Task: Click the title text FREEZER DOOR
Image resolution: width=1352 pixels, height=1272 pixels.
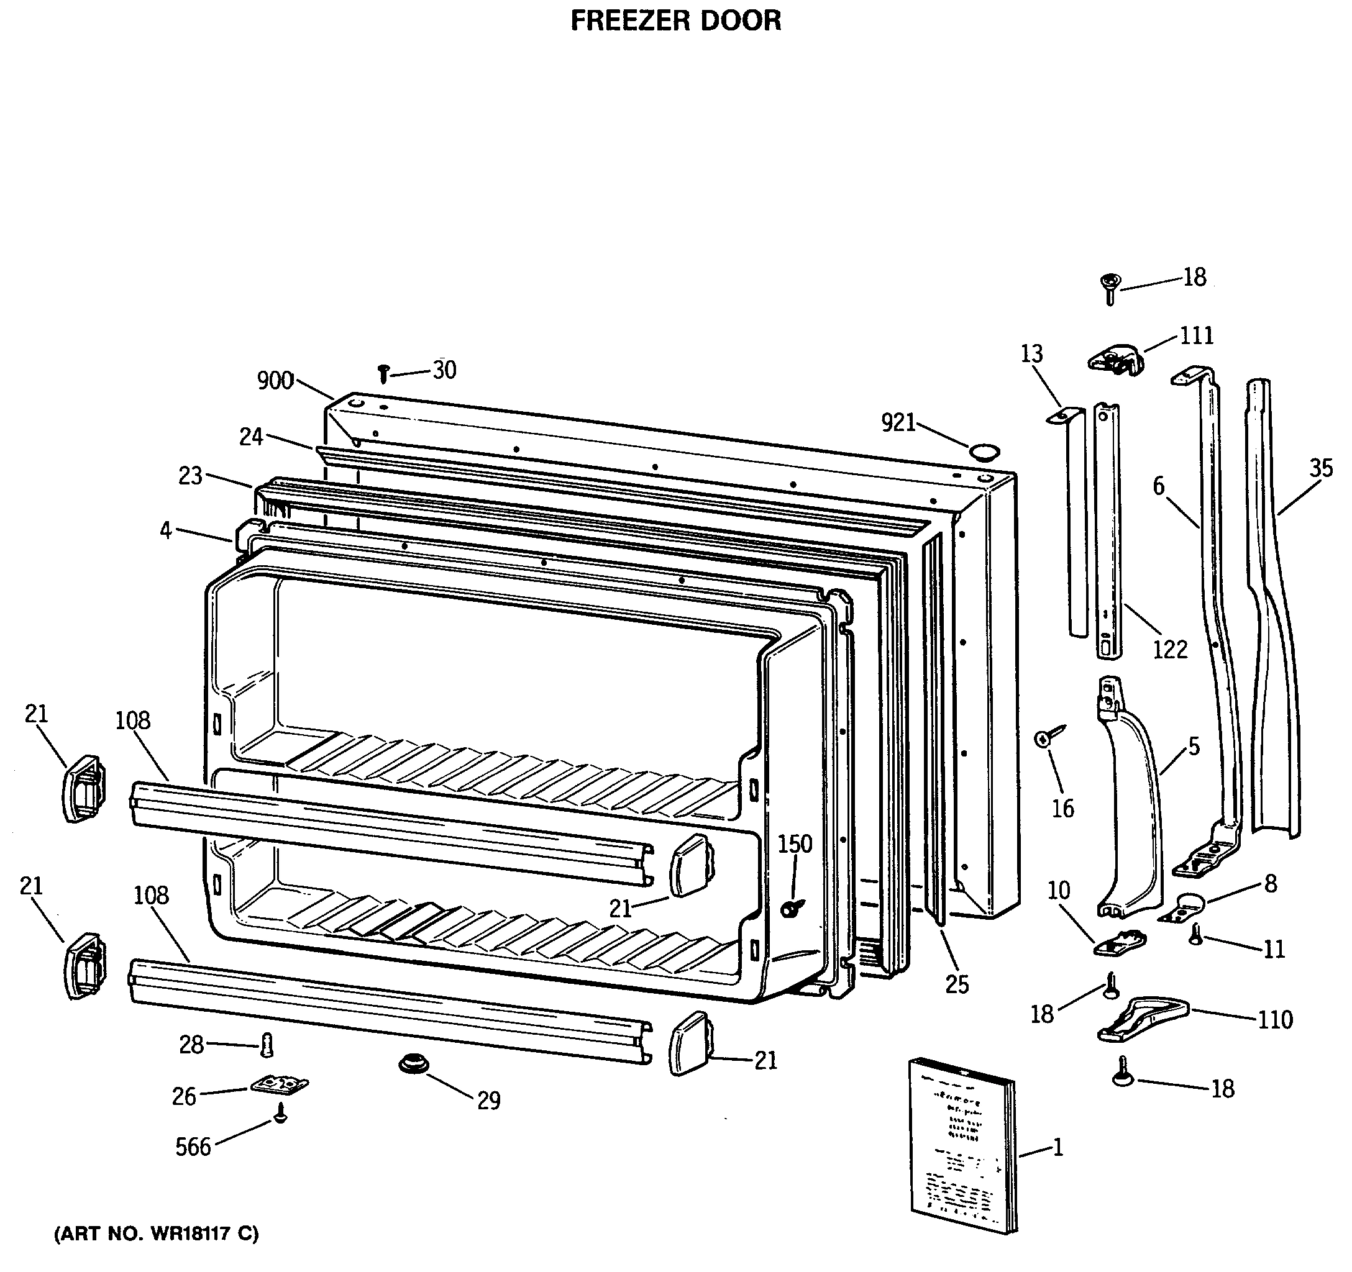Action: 675,21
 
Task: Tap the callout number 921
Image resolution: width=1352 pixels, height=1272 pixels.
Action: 898,423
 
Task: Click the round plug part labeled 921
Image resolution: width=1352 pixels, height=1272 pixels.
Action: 984,452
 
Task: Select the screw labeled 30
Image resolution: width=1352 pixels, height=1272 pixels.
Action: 383,373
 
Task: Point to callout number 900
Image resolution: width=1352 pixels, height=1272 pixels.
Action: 275,381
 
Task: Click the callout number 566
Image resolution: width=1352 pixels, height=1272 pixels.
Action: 193,1148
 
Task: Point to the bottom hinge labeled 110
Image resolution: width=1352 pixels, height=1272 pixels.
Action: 1143,1019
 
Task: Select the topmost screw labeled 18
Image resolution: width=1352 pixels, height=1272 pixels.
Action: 1110,287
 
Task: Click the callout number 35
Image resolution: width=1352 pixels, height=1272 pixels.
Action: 1321,468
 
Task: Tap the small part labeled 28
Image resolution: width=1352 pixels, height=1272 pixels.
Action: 267,1044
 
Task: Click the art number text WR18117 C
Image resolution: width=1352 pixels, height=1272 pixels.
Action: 156,1233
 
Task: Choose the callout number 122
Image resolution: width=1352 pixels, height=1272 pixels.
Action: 1170,649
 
